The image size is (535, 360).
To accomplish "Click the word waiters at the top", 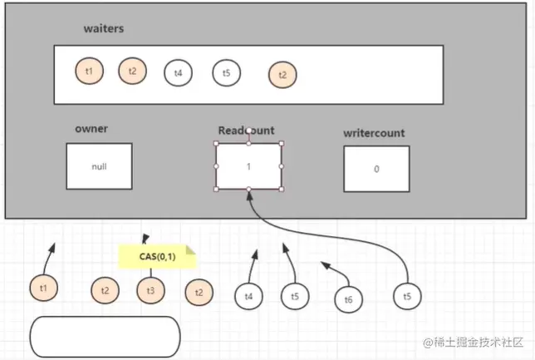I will (x=104, y=29).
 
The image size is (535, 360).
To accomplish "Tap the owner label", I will (x=91, y=129).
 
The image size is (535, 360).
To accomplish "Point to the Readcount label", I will (x=246, y=131).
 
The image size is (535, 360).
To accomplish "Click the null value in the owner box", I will (x=99, y=166).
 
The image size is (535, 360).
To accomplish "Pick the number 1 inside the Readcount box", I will (x=248, y=166).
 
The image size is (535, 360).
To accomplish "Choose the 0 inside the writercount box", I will (x=376, y=169).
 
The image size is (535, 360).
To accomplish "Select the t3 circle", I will (x=150, y=290).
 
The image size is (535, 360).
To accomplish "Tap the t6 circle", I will (x=349, y=298).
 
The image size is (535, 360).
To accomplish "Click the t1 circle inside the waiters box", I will (x=89, y=71).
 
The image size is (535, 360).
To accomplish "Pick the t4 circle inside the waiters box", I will (x=178, y=73).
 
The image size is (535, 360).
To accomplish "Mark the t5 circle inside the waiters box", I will (x=226, y=73).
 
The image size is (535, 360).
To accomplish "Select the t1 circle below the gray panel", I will (x=43, y=288).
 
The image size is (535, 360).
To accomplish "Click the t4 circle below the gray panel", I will (x=249, y=294).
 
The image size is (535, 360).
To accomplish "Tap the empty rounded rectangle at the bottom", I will (x=105, y=337).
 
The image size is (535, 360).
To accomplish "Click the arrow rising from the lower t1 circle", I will (x=49, y=258).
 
